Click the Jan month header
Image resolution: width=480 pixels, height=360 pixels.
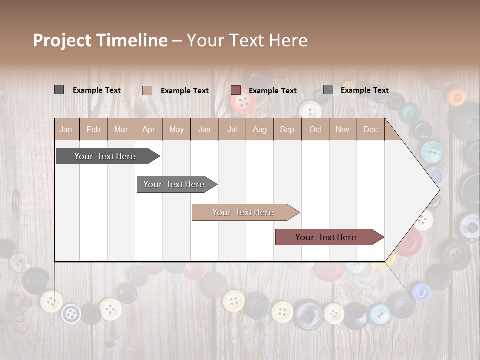click(66, 129)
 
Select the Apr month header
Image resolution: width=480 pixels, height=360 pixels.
click(149, 129)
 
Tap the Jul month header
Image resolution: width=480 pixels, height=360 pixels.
click(232, 129)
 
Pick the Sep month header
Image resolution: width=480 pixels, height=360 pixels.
click(287, 129)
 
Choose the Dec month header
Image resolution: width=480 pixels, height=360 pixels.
click(370, 129)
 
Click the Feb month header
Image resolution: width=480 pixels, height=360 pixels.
click(93, 129)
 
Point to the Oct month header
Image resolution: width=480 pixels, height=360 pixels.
click(315, 129)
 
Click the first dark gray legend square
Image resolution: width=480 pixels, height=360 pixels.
click(59, 90)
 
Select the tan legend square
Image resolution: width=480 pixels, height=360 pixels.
click(147, 90)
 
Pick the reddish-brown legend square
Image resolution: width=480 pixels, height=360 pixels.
click(236, 90)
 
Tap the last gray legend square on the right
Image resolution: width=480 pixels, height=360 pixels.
click(328, 90)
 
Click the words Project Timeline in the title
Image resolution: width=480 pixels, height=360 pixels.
click(100, 40)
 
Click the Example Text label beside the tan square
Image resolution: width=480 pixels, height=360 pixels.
click(184, 91)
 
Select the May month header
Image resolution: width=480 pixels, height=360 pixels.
click(176, 129)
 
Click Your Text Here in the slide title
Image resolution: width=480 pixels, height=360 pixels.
click(247, 40)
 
